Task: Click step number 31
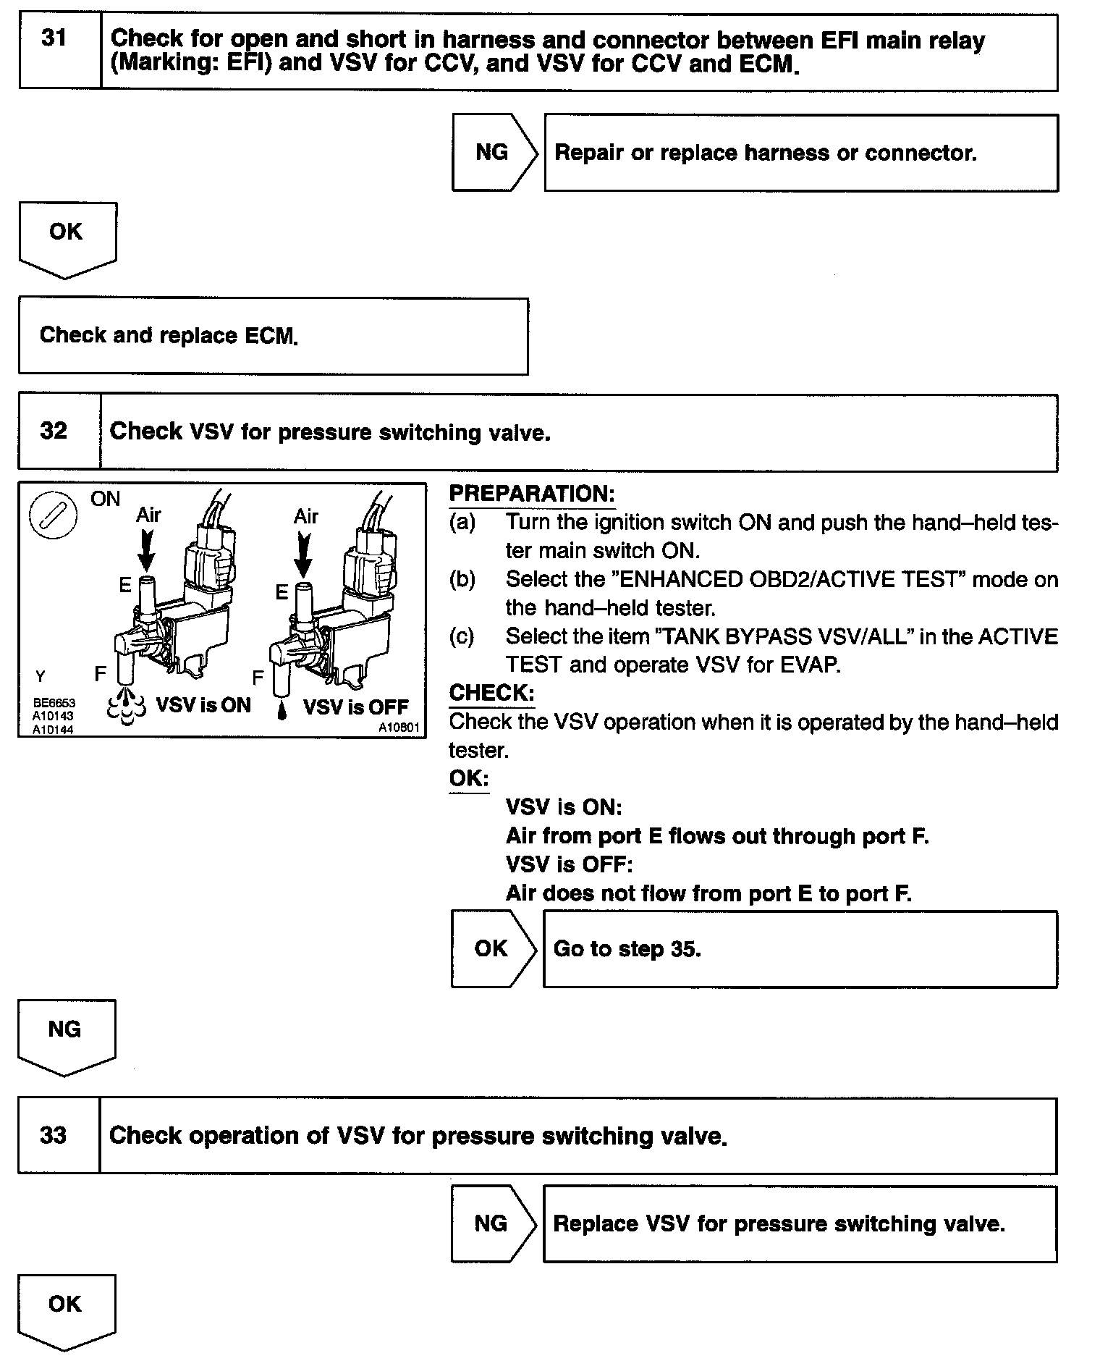tap(54, 38)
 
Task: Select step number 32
tap(54, 431)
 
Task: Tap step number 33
tap(54, 1134)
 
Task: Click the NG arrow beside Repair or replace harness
tap(493, 152)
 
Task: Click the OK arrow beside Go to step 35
tap(491, 948)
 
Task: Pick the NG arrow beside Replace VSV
tap(491, 1223)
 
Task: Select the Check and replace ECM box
tap(273, 336)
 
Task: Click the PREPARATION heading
tap(532, 494)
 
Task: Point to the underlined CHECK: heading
tap(491, 693)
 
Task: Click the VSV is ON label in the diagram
tap(203, 705)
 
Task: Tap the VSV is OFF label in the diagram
tap(355, 707)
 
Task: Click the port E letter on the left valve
tap(125, 585)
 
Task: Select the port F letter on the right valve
tap(257, 678)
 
